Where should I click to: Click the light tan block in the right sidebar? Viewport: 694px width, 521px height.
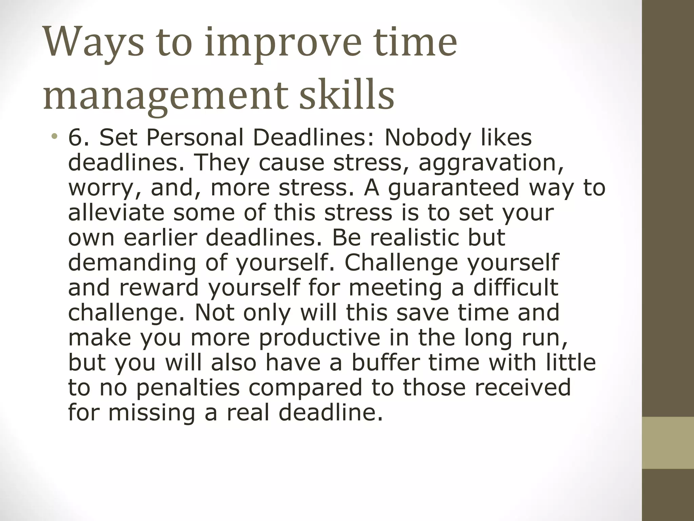pos(668,443)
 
